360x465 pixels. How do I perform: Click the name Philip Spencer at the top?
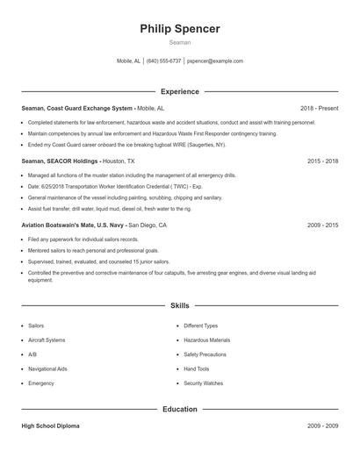[179, 29]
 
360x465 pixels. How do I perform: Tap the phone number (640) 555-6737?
[164, 61]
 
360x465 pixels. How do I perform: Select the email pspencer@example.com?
[215, 61]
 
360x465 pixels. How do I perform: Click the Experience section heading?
[179, 91]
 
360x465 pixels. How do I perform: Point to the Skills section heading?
[179, 305]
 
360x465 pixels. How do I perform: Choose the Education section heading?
[179, 409]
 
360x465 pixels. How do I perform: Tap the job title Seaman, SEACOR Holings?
[60, 161]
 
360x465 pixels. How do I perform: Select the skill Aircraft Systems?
[47, 340]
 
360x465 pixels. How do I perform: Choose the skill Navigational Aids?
[47, 368]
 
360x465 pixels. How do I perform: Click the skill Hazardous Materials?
[206, 340]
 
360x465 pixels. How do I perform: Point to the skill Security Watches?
[203, 383]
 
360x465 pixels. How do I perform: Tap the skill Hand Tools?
[196, 368]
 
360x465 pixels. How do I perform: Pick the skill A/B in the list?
[32, 354]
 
